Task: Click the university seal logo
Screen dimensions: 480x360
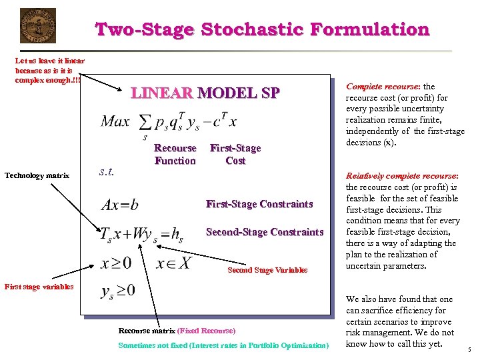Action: pyautogui.click(x=38, y=25)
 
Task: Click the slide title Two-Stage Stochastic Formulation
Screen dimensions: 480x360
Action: pyautogui.click(x=263, y=29)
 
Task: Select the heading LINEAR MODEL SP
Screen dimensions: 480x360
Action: pyautogui.click(x=205, y=93)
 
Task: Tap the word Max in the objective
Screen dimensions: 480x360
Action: pyautogui.click(x=115, y=121)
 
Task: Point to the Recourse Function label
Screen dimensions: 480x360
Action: pyautogui.click(x=175, y=154)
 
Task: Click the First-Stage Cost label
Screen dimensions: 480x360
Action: pyautogui.click(x=235, y=154)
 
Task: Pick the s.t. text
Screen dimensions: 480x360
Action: pyautogui.click(x=106, y=171)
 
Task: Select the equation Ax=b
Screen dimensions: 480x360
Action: pyautogui.click(x=120, y=205)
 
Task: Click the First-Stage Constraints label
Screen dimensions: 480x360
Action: pyautogui.click(x=259, y=204)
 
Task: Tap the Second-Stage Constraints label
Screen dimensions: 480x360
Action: pyautogui.click(x=265, y=232)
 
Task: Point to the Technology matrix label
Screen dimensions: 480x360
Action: pyautogui.click(x=37, y=175)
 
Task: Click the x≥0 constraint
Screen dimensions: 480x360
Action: pyautogui.click(x=116, y=263)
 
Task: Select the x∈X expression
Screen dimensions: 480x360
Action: pyautogui.click(x=173, y=263)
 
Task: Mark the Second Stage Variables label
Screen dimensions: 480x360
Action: pyautogui.click(x=267, y=270)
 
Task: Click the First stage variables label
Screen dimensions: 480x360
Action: pyautogui.click(x=39, y=287)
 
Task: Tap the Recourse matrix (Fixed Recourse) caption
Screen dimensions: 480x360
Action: pyautogui.click(x=177, y=331)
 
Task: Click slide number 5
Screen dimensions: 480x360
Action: pyautogui.click(x=469, y=350)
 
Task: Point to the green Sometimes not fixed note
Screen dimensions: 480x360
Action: pyautogui.click(x=223, y=345)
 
